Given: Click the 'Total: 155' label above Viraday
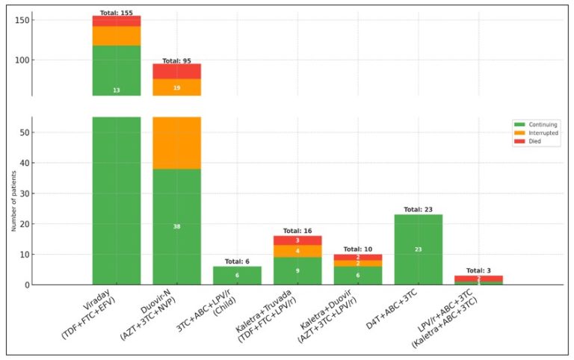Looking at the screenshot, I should pos(117,13).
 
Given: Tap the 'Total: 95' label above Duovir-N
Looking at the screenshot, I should pos(177,60).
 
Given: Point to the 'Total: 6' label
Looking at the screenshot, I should pos(238,262).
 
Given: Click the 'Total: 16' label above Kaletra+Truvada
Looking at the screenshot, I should pos(297,232).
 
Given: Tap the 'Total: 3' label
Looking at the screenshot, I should pos(479,270).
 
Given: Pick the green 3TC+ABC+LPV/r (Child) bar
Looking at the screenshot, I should pos(238,276).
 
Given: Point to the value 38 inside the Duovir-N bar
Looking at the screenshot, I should pos(177,226).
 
